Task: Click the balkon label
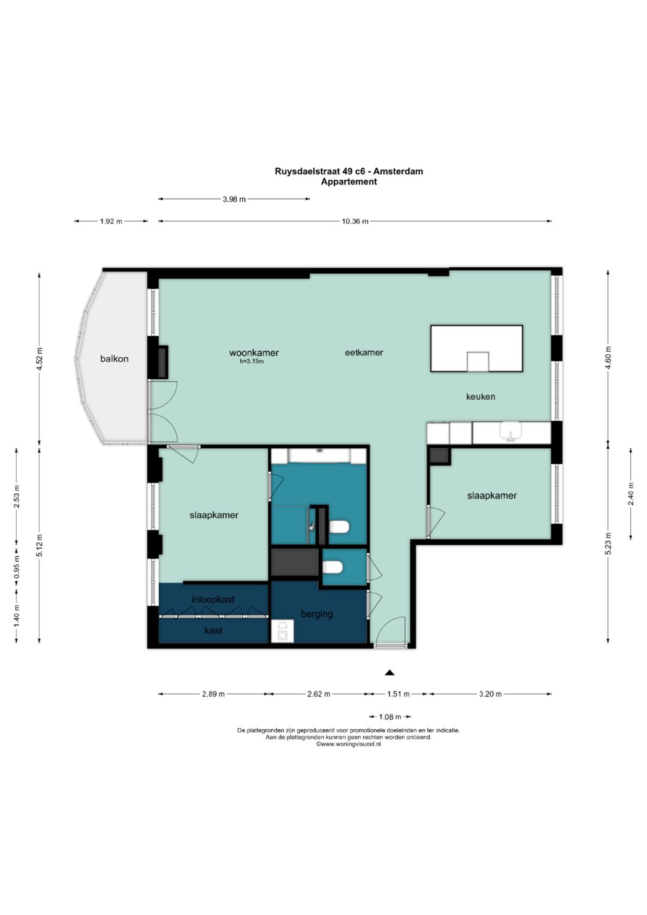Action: click(114, 359)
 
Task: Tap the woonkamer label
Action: click(253, 352)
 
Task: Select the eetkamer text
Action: click(364, 352)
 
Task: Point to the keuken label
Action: click(480, 396)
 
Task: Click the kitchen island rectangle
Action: click(476, 348)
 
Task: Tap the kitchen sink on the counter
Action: click(510, 432)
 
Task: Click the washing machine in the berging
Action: click(282, 631)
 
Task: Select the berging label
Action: click(316, 614)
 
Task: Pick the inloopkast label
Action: click(213, 599)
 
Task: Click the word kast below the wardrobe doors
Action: click(213, 630)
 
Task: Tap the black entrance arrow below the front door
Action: click(389, 672)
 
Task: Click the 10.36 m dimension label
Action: click(355, 221)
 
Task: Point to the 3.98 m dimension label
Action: click(234, 200)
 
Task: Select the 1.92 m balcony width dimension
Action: click(111, 221)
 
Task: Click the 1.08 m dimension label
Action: click(390, 717)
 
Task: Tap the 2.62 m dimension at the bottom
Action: click(319, 694)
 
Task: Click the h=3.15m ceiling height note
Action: click(252, 361)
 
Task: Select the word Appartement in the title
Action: click(349, 182)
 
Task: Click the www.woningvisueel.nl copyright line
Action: click(349, 744)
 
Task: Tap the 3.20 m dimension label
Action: click(490, 694)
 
